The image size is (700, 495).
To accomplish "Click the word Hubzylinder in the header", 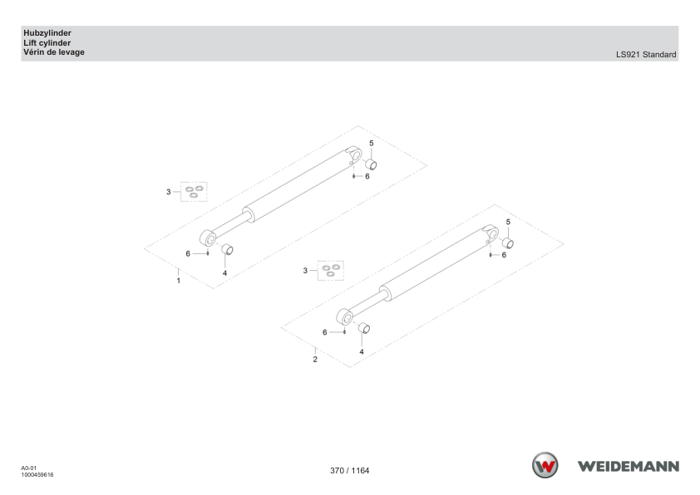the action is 47,33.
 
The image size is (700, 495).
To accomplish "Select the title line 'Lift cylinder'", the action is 47,43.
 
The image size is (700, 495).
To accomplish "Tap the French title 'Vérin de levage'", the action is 54,52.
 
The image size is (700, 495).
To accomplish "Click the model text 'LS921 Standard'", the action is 646,55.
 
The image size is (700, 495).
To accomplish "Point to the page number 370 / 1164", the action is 349,470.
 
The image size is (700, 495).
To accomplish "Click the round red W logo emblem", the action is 545,465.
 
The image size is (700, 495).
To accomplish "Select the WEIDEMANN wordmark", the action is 629,467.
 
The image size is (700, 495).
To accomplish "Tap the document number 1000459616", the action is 37,475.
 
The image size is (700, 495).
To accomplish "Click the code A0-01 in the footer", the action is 28,468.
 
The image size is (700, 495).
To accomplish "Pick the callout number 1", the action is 179,281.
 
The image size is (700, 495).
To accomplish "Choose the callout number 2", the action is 315,359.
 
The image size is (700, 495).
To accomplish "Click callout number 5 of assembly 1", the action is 372,143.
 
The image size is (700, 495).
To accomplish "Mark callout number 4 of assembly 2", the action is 362,352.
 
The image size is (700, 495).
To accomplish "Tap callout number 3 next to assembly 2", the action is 305,271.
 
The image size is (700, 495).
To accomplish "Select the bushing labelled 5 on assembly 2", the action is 508,243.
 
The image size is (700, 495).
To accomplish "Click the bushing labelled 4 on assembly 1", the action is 228,249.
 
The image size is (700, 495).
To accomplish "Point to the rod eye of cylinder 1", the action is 208,238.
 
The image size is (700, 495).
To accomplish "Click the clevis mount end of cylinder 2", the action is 490,233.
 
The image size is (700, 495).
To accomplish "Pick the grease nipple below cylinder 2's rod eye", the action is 345,331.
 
